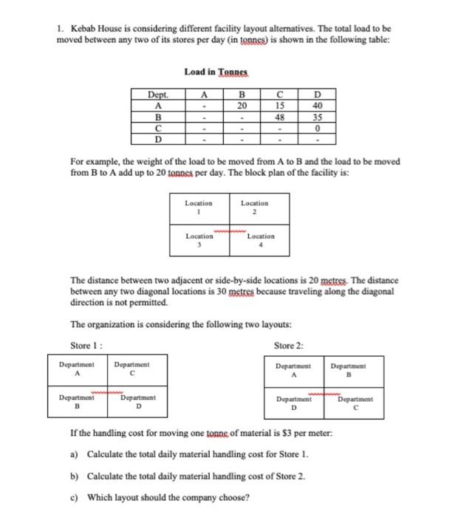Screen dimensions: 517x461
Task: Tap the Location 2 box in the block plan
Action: (255, 206)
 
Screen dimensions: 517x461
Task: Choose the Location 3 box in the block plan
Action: (199, 240)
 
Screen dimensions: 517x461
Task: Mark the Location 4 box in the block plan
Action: (261, 240)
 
